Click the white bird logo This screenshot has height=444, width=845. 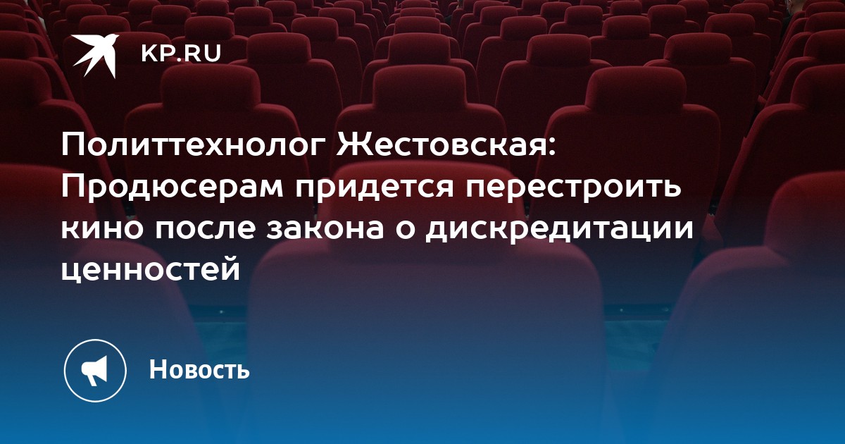96,56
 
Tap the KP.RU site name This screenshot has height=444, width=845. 181,54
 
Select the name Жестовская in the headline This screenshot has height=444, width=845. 442,145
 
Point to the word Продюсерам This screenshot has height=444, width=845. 172,187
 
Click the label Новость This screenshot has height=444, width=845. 199,369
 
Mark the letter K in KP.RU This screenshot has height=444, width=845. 149,54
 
